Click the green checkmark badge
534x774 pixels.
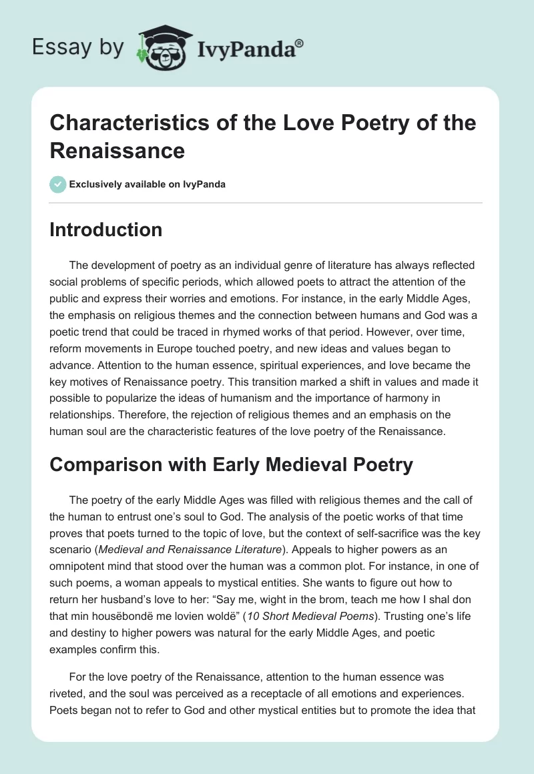(58, 184)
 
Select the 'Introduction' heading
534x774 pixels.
(106, 230)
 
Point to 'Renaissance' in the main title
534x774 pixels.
(117, 151)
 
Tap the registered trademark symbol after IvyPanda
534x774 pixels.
(300, 43)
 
